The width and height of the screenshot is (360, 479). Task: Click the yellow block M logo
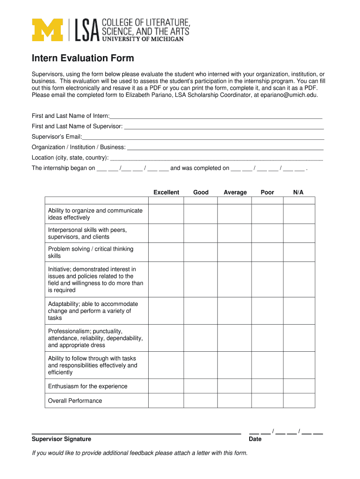coord(47,30)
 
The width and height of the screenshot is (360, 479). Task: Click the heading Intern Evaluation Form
coord(83,58)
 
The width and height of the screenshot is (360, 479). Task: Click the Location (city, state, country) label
coord(70,158)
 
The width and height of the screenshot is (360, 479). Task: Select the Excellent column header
coord(166,192)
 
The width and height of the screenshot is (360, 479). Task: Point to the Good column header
coord(201,192)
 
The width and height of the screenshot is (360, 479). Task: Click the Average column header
coord(235,192)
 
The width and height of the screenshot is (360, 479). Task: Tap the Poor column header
coord(267,192)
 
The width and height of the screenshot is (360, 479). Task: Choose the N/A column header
coord(298,192)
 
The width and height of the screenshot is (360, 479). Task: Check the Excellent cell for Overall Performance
coord(166,400)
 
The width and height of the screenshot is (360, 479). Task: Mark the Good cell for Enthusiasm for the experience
coord(201,386)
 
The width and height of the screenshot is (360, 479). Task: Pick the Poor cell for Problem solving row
coord(267,252)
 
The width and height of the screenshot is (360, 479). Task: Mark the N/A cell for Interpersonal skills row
coord(299,233)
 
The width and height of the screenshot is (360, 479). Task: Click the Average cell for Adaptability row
coord(235,311)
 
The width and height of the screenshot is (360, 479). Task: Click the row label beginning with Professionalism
coord(95,338)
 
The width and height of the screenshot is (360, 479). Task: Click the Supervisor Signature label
coord(61,439)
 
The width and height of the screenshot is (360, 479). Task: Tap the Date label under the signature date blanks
coord(255,439)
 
